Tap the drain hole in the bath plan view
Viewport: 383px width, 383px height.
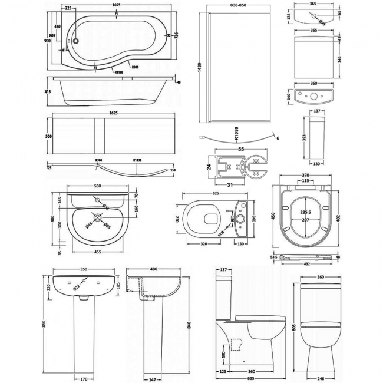pos(75,41)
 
